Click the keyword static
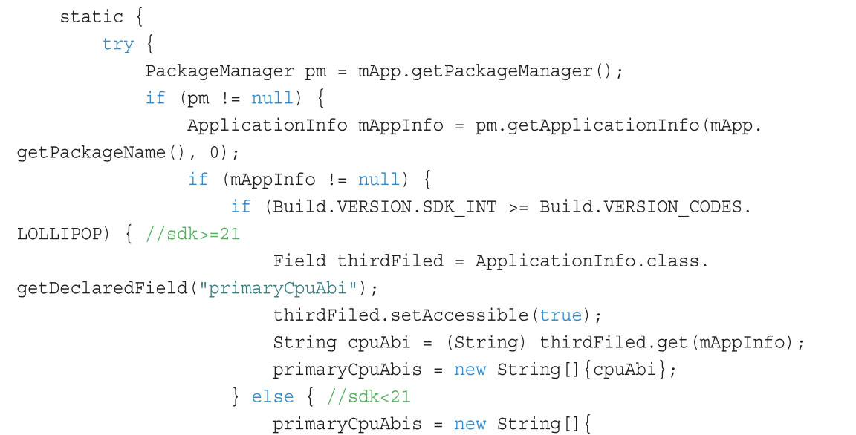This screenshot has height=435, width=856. click(x=91, y=16)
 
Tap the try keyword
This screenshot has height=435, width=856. click(x=118, y=44)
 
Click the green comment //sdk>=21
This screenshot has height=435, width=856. click(x=192, y=234)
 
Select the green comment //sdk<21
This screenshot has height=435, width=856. click(x=369, y=396)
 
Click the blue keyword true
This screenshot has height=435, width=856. click(x=561, y=315)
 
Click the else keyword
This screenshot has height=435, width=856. click(x=273, y=396)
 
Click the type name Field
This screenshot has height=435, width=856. click(x=299, y=261)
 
